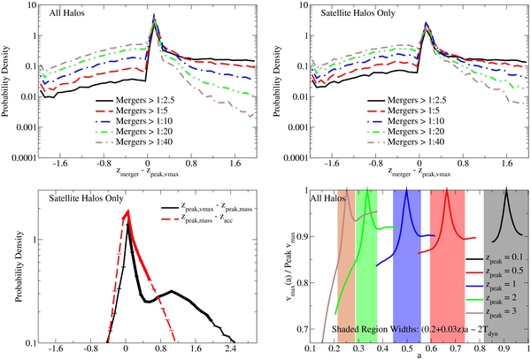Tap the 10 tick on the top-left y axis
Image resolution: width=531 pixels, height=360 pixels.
tap(34, 6)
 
